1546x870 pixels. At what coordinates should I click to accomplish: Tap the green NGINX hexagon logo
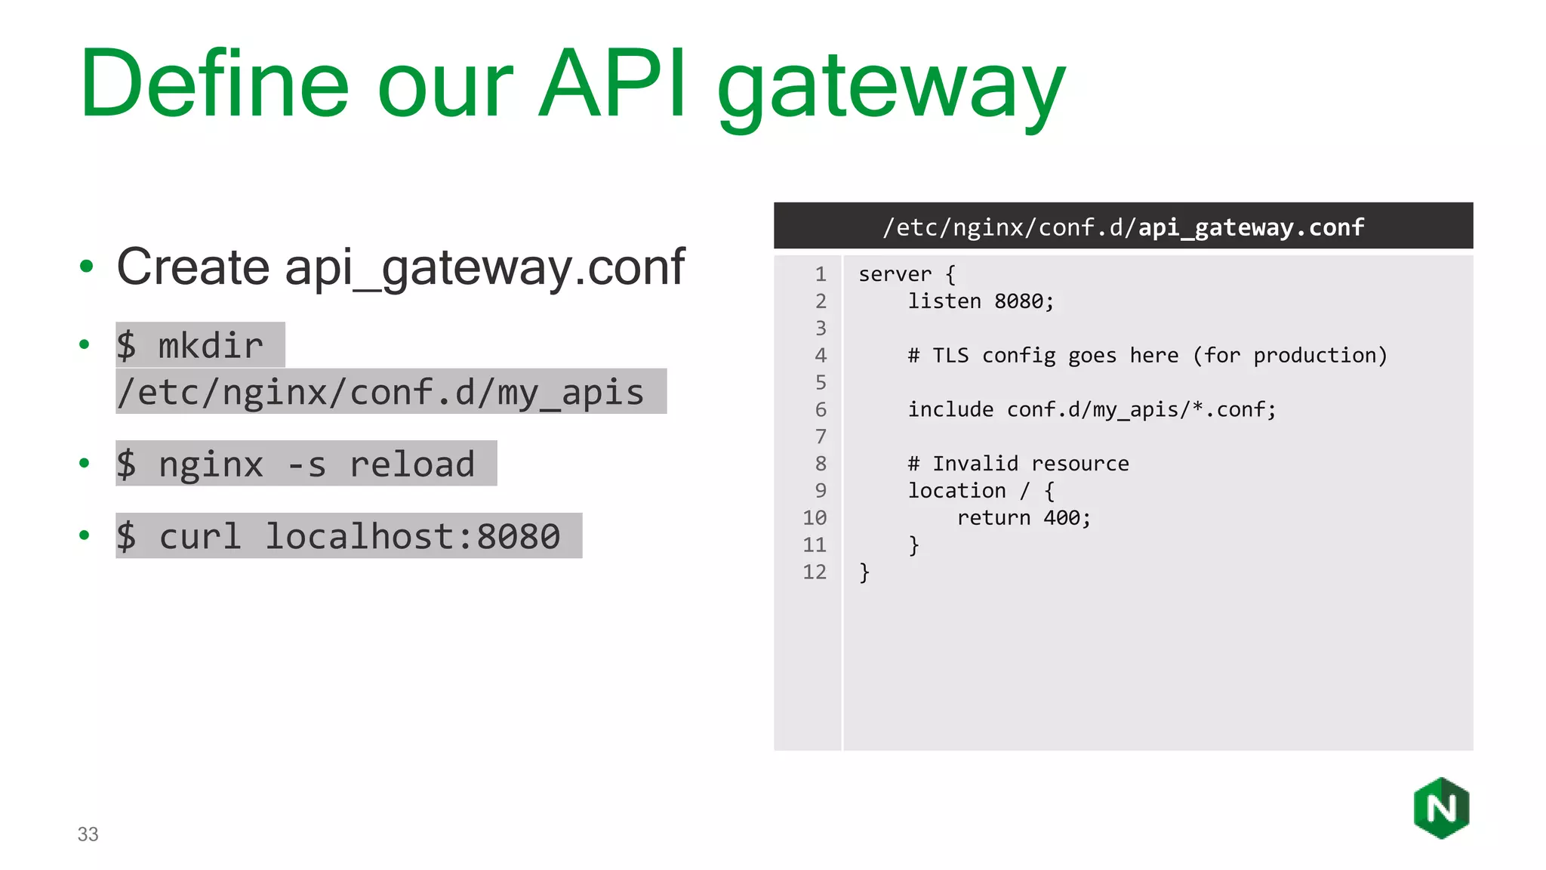click(x=1441, y=808)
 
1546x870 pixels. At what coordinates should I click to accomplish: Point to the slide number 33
click(x=88, y=834)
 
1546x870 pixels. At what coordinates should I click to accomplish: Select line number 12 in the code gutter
click(x=815, y=572)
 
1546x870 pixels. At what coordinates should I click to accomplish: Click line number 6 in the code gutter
click(x=821, y=409)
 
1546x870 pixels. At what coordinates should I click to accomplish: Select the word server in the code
click(x=895, y=274)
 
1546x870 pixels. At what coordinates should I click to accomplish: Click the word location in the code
click(x=956, y=491)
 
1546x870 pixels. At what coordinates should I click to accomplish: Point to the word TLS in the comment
click(x=950, y=356)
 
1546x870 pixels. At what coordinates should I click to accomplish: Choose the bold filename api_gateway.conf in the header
click(x=1251, y=227)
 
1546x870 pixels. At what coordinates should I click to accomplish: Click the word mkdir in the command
click(x=211, y=346)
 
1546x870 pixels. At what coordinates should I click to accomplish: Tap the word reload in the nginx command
click(x=412, y=464)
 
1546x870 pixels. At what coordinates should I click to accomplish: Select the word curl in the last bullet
click(x=200, y=536)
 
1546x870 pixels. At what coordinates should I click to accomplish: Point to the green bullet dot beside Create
click(x=86, y=266)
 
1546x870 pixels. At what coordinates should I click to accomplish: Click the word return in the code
click(x=993, y=518)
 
